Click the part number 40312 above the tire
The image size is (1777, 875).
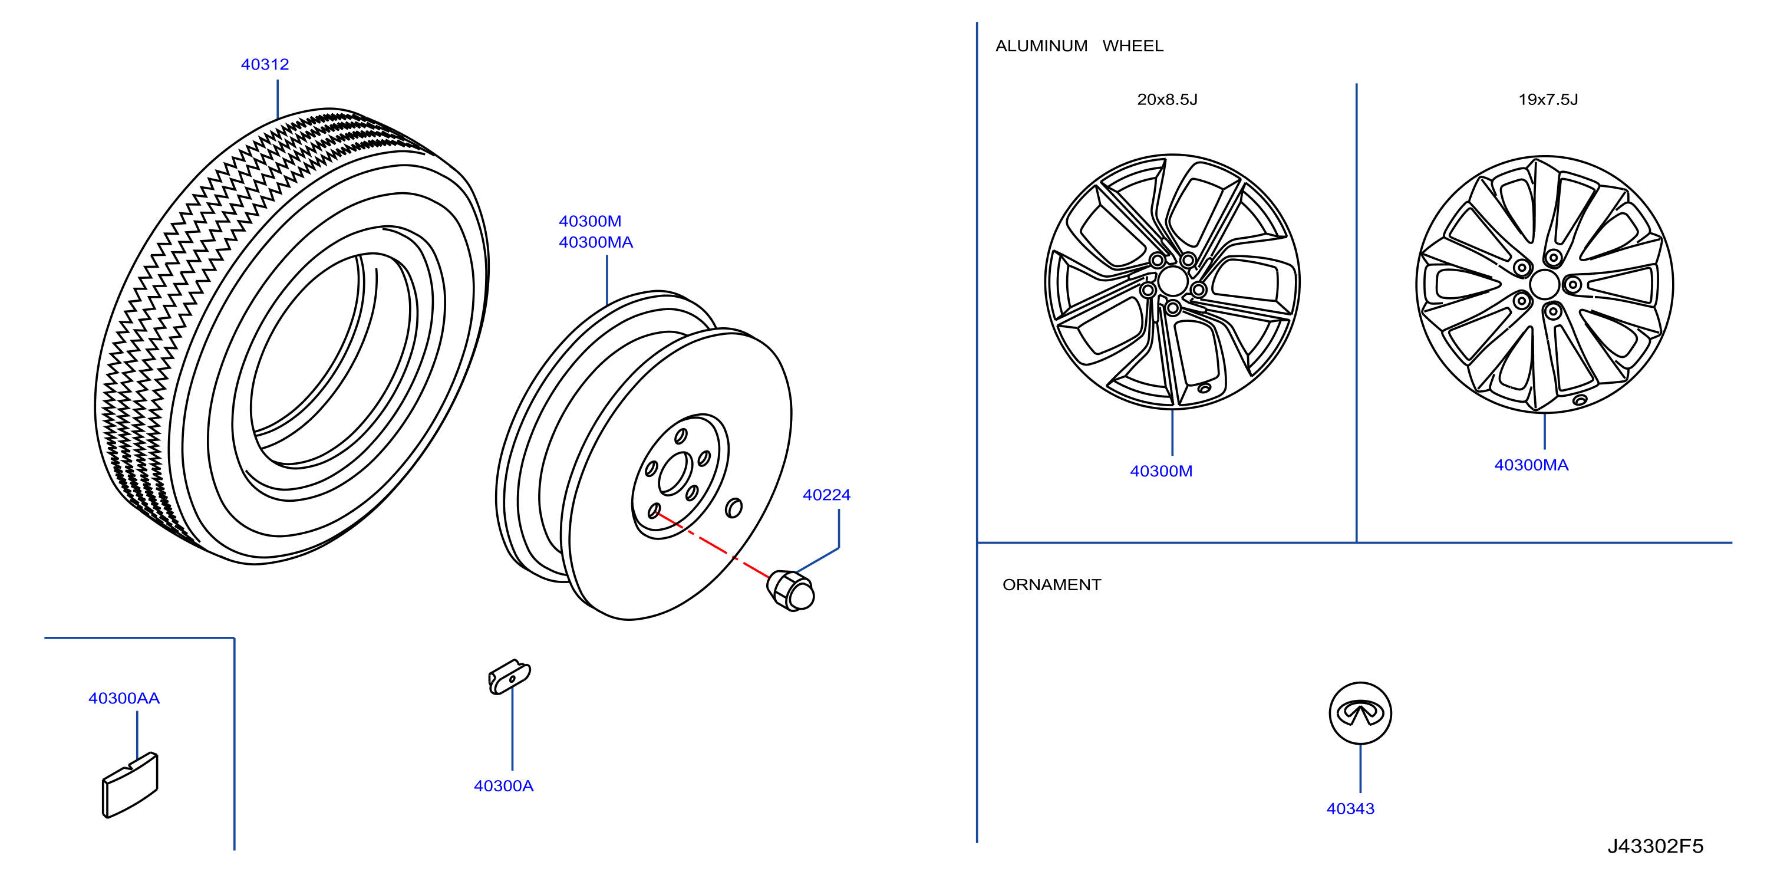tap(265, 64)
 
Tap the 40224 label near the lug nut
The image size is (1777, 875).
tap(826, 495)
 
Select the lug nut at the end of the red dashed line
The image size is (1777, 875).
tap(790, 591)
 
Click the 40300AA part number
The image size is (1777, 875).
tap(124, 698)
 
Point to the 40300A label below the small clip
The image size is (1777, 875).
tap(503, 786)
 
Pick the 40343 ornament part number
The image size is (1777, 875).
tap(1350, 809)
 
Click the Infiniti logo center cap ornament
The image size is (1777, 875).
tap(1360, 713)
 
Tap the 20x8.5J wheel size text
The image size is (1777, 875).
tap(1167, 100)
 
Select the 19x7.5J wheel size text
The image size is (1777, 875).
tap(1548, 100)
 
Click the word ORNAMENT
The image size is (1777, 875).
tap(1052, 585)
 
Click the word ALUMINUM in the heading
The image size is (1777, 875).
tap(1041, 46)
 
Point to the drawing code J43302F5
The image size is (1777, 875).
tap(1656, 846)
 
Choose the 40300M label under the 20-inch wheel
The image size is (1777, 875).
tap(1161, 471)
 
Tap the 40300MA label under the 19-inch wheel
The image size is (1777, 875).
tap(1531, 465)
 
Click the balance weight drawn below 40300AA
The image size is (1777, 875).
tap(130, 785)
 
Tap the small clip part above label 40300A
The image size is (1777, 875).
tap(509, 677)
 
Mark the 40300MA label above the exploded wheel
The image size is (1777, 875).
tap(596, 242)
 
